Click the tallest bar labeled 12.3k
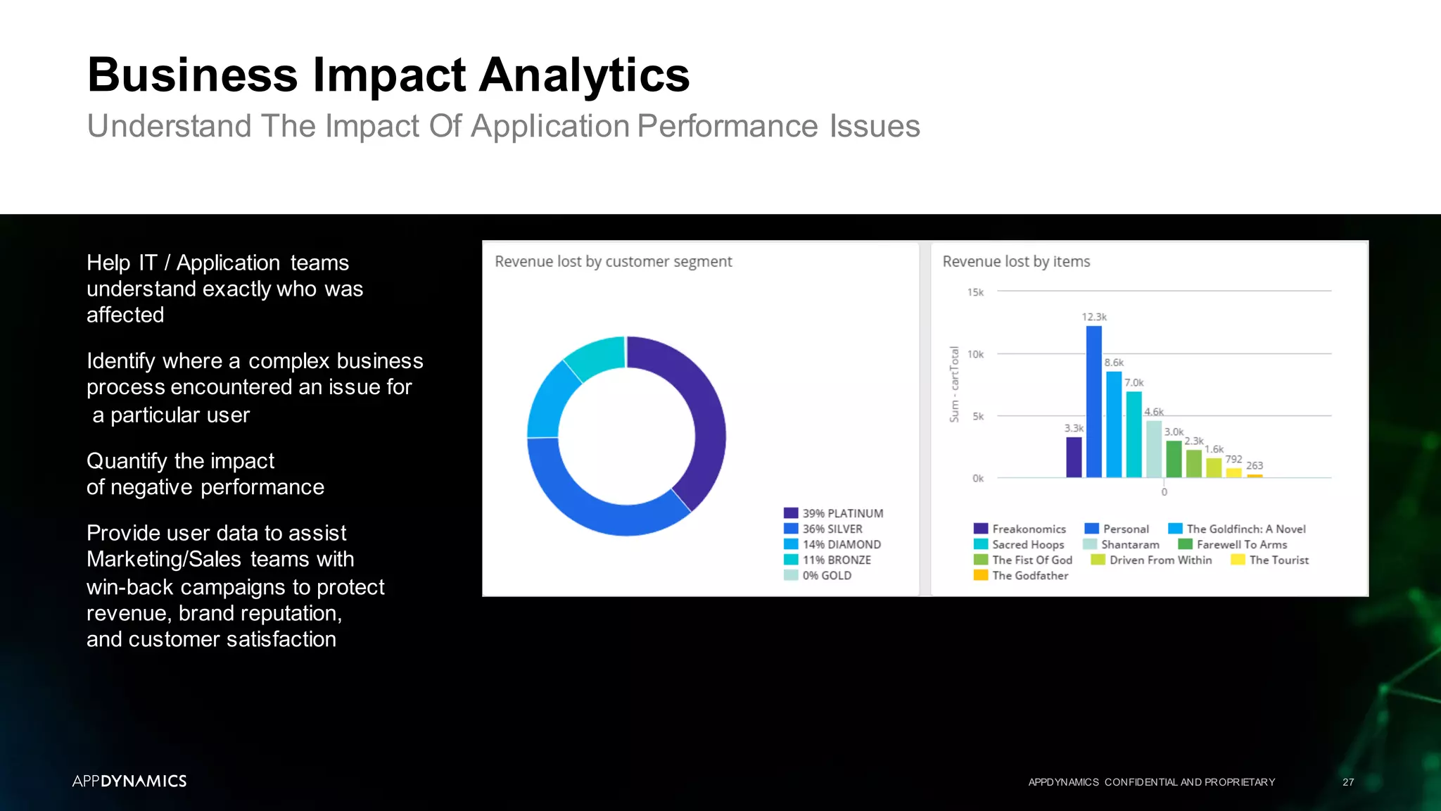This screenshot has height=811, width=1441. pyautogui.click(x=1093, y=401)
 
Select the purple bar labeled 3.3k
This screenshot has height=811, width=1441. pyautogui.click(x=1074, y=457)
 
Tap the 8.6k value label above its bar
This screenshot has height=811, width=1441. pyautogui.click(x=1114, y=363)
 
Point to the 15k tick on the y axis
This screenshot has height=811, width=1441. pyautogui.click(x=975, y=292)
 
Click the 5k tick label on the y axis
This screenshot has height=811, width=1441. pyautogui.click(x=978, y=416)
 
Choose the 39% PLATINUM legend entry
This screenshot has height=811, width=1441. pyautogui.click(x=834, y=513)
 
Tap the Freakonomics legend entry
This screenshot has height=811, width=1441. pyautogui.click(x=1020, y=529)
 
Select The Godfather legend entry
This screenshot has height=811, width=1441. pyautogui.click(x=1021, y=575)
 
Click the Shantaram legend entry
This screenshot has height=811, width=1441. pyautogui.click(x=1122, y=544)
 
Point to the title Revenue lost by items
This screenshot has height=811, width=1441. pyautogui.click(x=1016, y=262)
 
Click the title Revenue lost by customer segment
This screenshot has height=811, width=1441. pyautogui.click(x=613, y=262)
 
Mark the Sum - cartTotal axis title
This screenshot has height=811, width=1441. pyautogui.click(x=954, y=384)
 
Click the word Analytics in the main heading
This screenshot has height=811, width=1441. pyautogui.click(x=584, y=75)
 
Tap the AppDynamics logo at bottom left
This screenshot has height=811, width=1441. pyautogui.click(x=129, y=781)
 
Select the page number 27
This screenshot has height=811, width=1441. pyautogui.click(x=1347, y=782)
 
